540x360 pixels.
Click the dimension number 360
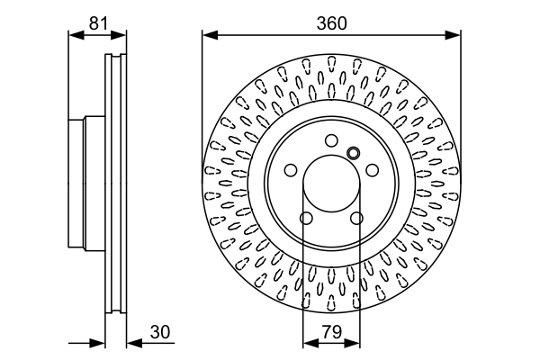(331, 24)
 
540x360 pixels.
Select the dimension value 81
(98, 24)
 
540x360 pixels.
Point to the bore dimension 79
(331, 331)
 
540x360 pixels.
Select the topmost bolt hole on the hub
(331, 139)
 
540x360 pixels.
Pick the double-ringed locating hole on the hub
(353, 152)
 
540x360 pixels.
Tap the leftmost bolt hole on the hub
(290, 170)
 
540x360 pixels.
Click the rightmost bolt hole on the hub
(373, 170)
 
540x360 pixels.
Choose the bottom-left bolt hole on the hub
(306, 219)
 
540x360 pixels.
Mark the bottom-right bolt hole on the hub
(357, 219)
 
